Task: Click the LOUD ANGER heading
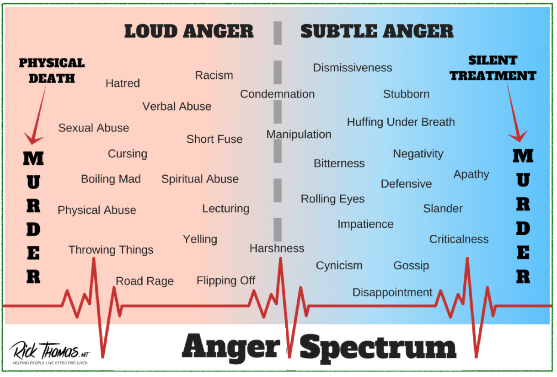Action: coord(189,32)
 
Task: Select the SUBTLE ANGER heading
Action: coord(377,32)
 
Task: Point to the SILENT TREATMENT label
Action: coord(493,68)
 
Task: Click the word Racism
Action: coord(214,75)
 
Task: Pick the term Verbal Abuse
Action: coord(177,107)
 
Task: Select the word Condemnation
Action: coord(278,94)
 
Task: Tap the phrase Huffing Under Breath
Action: coord(401,122)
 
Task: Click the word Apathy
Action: coord(471,174)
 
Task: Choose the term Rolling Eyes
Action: coord(332,199)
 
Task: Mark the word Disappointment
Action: coord(392,292)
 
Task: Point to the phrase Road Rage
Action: coord(145,281)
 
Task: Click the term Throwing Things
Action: coord(111,250)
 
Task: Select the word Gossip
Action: coord(411,265)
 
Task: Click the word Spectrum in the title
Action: coord(378,348)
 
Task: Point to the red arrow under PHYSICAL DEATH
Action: coord(38,114)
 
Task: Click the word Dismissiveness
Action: coord(353,68)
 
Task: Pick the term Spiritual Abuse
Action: coord(200,179)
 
